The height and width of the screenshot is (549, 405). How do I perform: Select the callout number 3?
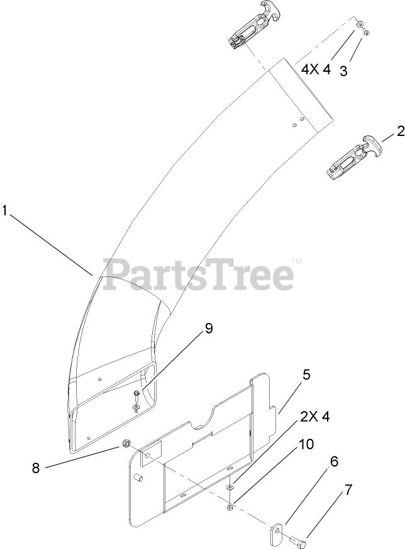pyautogui.click(x=344, y=71)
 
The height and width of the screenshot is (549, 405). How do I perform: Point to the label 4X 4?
pyautogui.click(x=315, y=69)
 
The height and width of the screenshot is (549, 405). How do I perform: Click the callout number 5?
pyautogui.click(x=306, y=375)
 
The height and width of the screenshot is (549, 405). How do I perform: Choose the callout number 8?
pyautogui.click(x=35, y=467)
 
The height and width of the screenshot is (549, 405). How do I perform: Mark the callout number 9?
pyautogui.click(x=208, y=329)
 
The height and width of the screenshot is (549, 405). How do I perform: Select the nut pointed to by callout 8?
pyautogui.click(x=126, y=443)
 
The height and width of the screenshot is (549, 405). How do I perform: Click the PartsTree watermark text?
pyautogui.click(x=199, y=274)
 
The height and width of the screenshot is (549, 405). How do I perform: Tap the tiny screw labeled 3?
pyautogui.click(x=367, y=32)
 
